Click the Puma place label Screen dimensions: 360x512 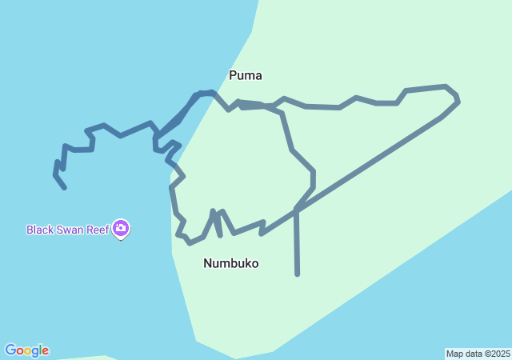point(246,76)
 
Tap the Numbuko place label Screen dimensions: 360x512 point(230,263)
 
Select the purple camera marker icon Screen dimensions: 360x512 point(121,229)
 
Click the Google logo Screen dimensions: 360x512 point(26,350)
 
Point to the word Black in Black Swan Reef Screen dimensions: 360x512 point(40,230)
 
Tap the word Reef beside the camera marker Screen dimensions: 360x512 point(98,230)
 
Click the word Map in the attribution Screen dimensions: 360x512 point(454,354)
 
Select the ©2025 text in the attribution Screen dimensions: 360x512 point(495,354)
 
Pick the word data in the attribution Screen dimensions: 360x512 point(472,354)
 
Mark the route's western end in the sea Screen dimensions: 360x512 point(64,187)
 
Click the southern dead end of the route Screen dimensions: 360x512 point(298,274)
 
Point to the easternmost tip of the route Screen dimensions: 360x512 point(458,102)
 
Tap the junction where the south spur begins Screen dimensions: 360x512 point(296,210)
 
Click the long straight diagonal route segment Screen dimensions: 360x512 point(368,164)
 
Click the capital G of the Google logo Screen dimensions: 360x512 point(11,350)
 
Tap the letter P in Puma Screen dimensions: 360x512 point(233,76)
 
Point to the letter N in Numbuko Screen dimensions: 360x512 point(208,263)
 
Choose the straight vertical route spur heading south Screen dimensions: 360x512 point(297,244)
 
